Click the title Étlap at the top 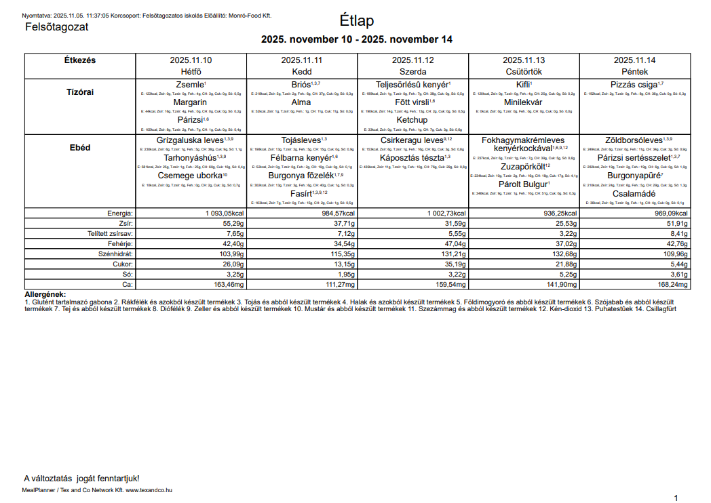(x=356, y=21)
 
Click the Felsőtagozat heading (x=56, y=27)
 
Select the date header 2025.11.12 (x=412, y=60)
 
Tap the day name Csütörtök (x=523, y=71)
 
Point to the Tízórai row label (x=80, y=92)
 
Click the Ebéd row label (x=80, y=147)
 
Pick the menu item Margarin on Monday (x=190, y=102)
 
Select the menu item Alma (x=301, y=102)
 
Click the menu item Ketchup (x=412, y=120)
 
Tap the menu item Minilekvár (x=523, y=102)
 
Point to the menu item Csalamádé (x=634, y=193)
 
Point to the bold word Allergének (x=45, y=294)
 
